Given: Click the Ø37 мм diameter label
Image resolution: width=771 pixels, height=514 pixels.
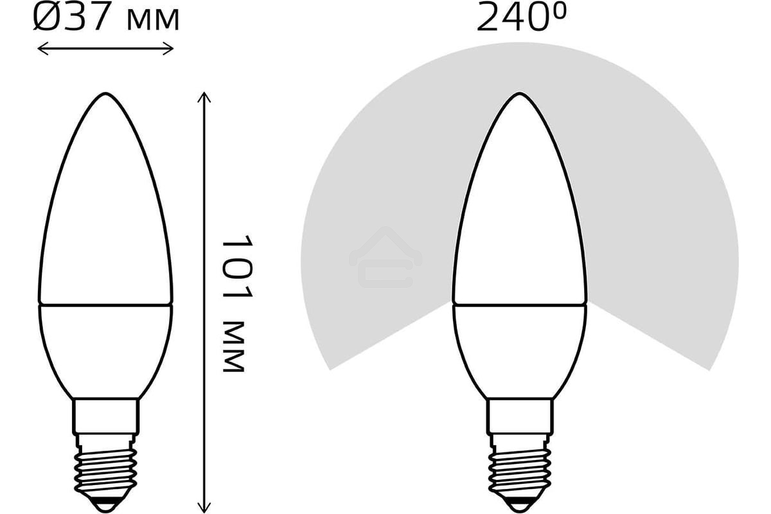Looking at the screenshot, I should pyautogui.click(x=106, y=19).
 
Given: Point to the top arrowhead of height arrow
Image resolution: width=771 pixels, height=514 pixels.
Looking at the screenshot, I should pyautogui.click(x=204, y=95).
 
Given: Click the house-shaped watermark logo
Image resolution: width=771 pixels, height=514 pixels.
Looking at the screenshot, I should pyautogui.click(x=385, y=257).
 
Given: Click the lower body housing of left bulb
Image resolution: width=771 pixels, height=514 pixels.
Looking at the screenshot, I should pyautogui.click(x=105, y=347).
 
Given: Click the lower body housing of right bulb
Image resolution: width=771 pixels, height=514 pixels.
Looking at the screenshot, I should pyautogui.click(x=518, y=347).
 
